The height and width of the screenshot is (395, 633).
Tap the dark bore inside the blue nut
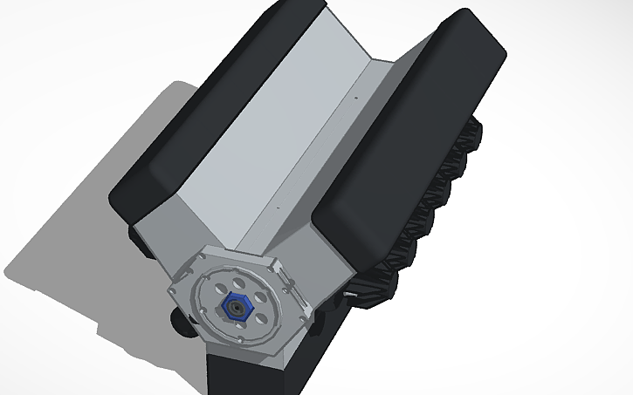click(236, 307)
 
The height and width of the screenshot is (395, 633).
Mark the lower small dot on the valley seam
click(278, 209)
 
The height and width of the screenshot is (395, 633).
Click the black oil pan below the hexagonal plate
click(253, 371)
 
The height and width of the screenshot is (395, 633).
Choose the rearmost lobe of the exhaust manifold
click(478, 131)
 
